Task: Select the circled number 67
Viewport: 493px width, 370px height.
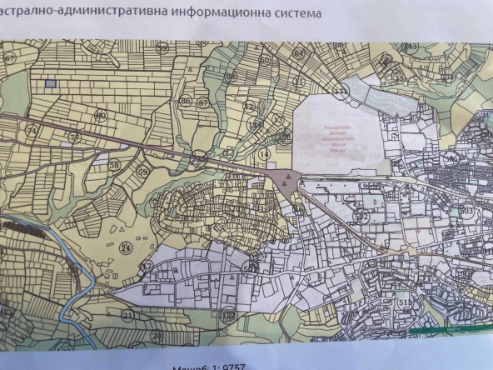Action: [x=10, y=57]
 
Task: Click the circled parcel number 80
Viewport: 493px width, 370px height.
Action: [x=102, y=115]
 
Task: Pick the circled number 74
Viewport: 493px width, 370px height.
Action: [x=34, y=130]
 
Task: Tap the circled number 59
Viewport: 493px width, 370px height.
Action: [x=143, y=172]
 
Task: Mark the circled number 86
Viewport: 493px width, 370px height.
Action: [x=185, y=102]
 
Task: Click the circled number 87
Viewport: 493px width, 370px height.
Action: [x=202, y=102]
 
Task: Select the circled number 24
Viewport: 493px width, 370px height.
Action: [x=127, y=247]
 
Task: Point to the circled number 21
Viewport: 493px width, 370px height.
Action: [x=127, y=315]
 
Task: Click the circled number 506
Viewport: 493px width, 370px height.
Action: [x=453, y=157]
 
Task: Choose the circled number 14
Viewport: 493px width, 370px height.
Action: [x=266, y=154]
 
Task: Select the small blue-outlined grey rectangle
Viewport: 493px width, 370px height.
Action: [x=50, y=83]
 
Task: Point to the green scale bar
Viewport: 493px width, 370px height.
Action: [x=450, y=337]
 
